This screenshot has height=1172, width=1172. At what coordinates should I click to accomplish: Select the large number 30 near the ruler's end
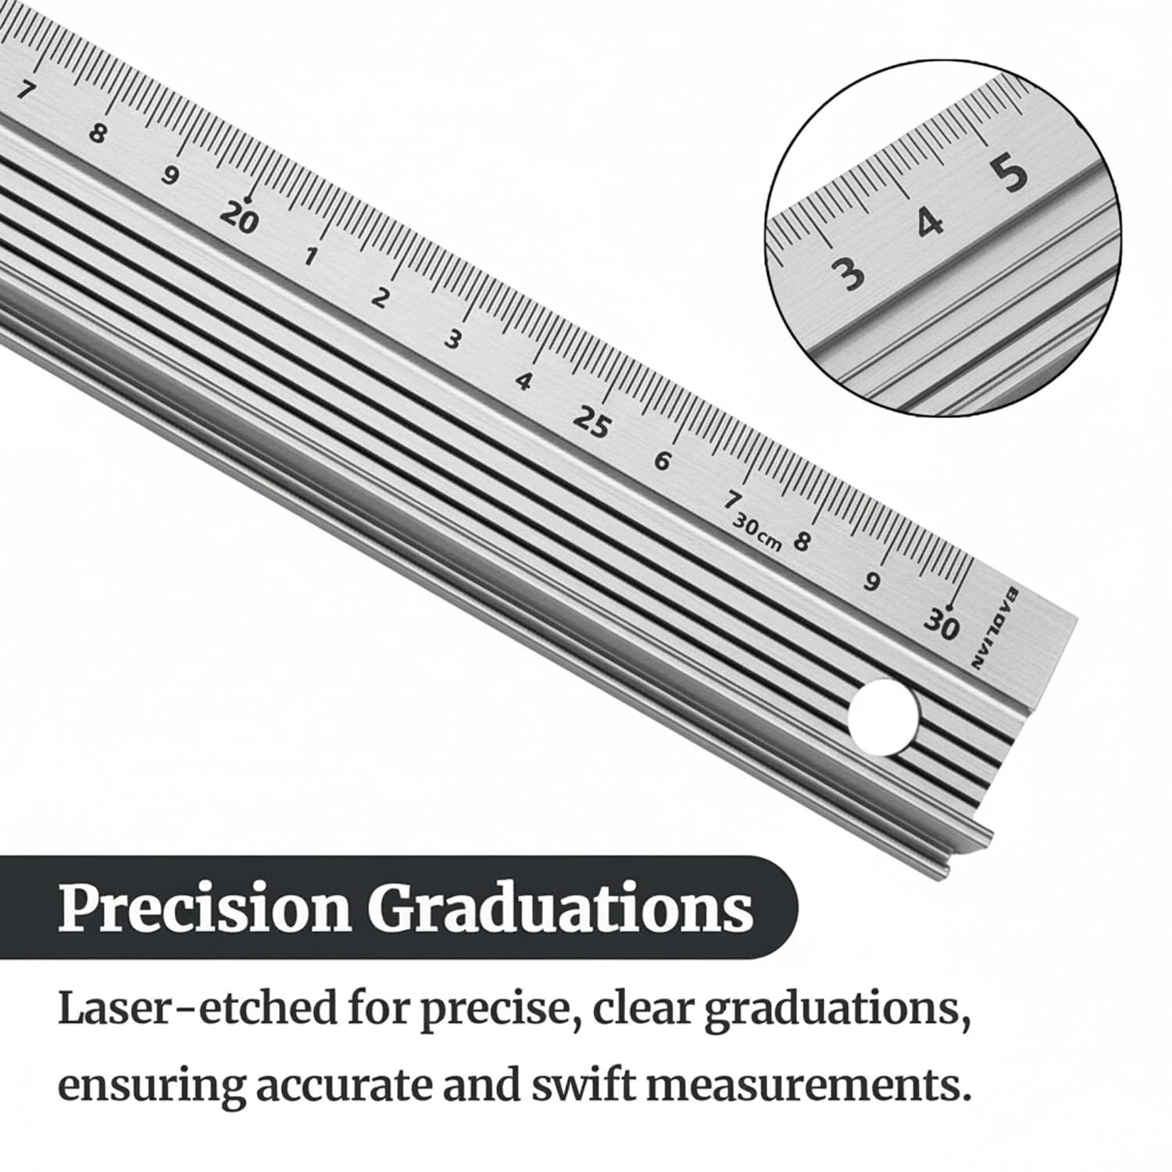[x=941, y=624]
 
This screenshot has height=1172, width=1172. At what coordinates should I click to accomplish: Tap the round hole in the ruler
[x=884, y=716]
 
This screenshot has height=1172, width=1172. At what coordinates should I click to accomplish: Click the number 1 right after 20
[x=311, y=256]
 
